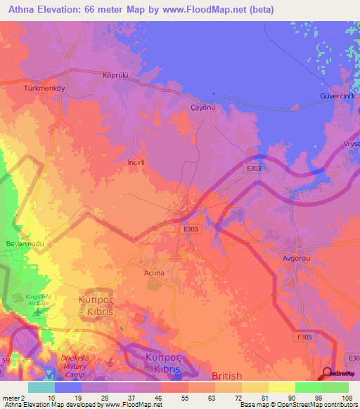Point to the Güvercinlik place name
point(340,96)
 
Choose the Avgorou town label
point(297,259)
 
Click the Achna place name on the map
point(154,273)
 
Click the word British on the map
point(226,376)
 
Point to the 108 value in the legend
point(347,398)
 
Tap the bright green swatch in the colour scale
point(308,387)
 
